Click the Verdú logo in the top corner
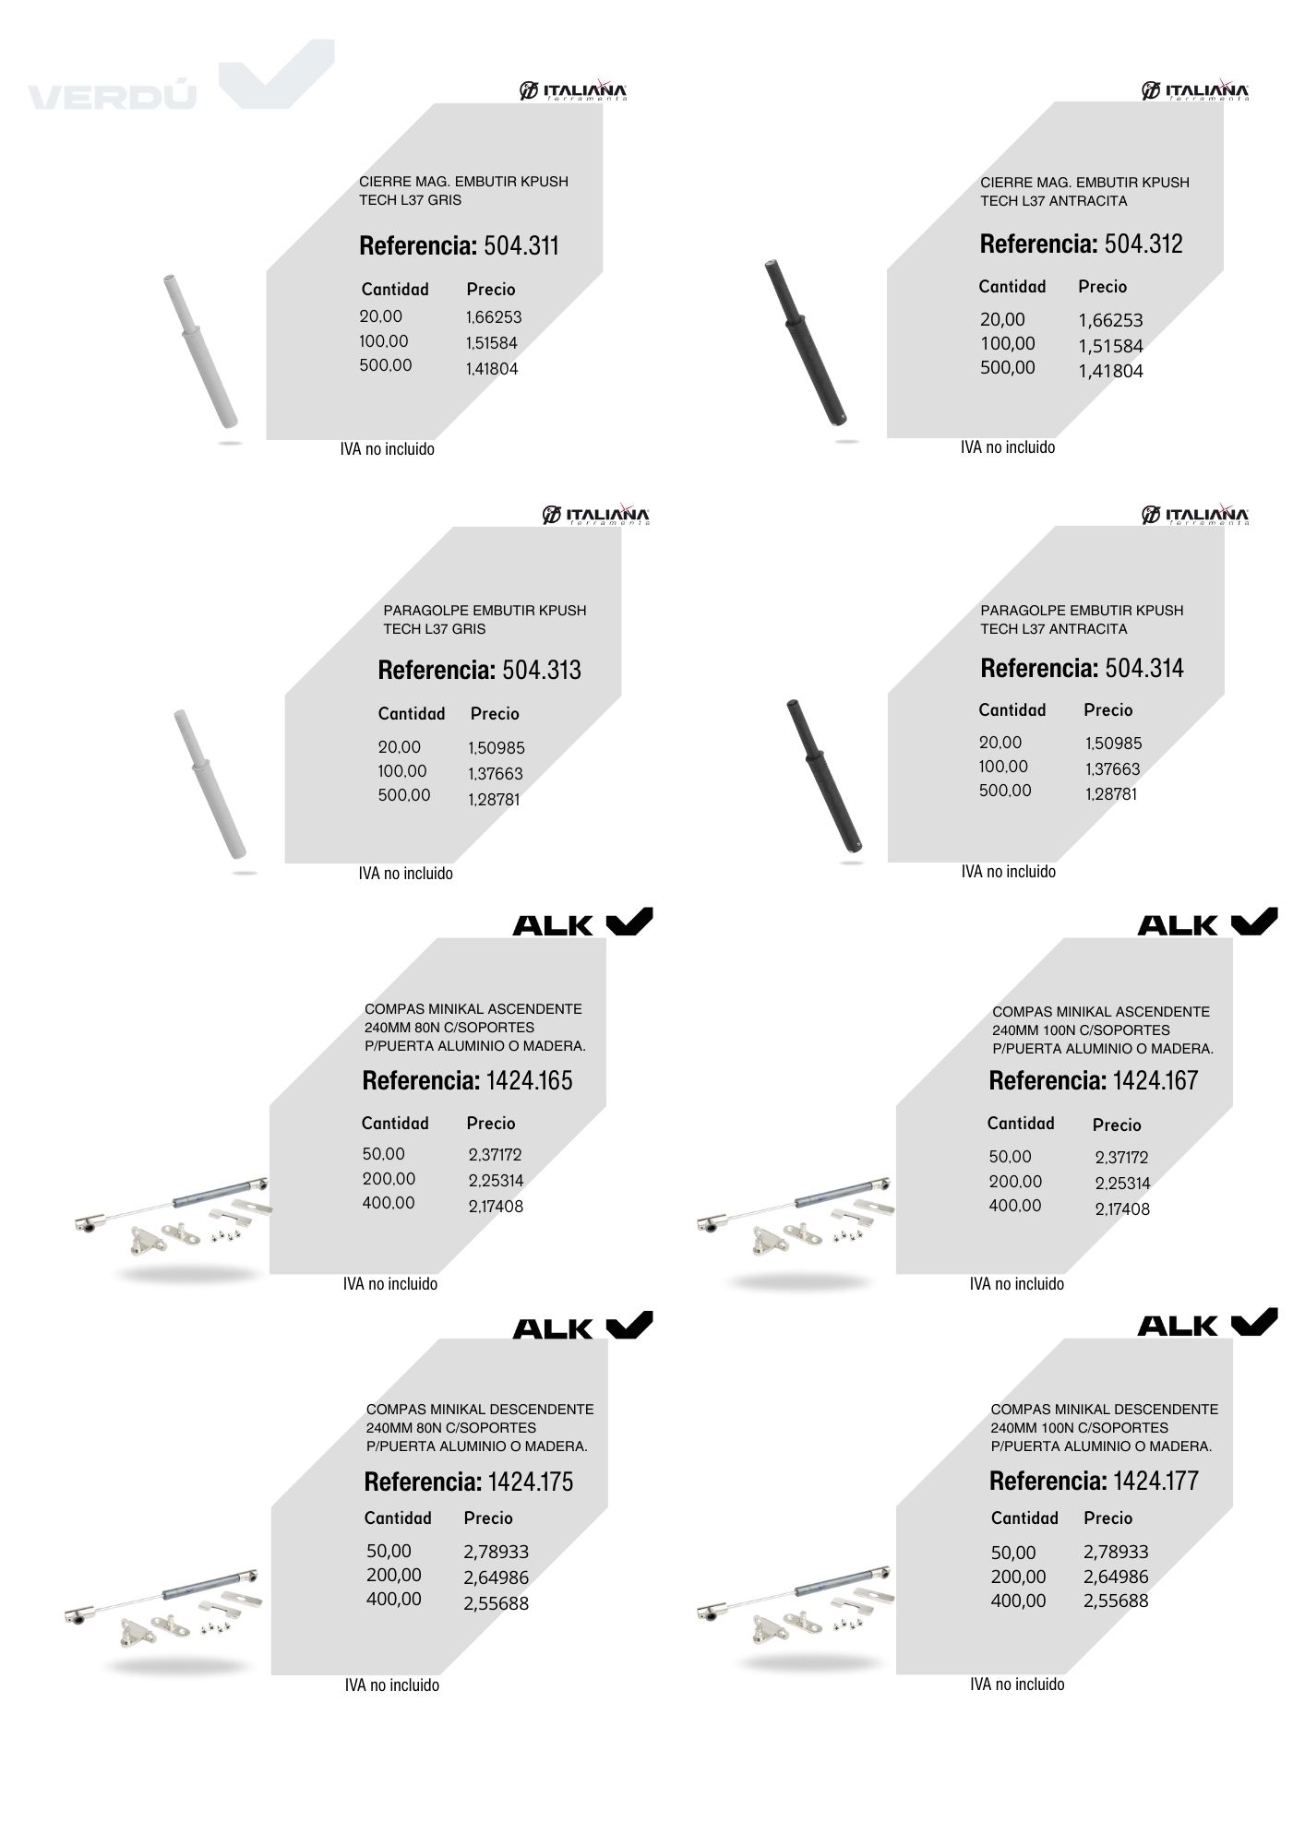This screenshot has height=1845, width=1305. coord(181,76)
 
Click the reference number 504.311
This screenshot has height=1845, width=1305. coord(521,246)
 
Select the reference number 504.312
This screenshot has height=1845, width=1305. coord(1143,244)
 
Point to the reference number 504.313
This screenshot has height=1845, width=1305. coord(542,670)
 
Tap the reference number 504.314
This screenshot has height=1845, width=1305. coord(1144,668)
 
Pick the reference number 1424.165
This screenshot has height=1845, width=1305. coord(530,1080)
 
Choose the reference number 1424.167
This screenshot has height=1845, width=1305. coord(1155,1080)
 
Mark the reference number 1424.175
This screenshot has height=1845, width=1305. coord(531,1482)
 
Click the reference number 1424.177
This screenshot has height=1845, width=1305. coord(1155,1481)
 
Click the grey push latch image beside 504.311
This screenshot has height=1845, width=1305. coord(201,351)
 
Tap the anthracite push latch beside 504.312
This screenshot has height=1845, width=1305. coord(808,343)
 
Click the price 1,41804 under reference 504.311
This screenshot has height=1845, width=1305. coord(492,369)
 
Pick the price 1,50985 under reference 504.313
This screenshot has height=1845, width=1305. coord(497,748)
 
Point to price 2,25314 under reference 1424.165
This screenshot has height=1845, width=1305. coord(496,1181)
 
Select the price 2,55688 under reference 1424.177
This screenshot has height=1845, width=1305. coord(1116,1601)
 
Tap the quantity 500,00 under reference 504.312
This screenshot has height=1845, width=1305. coord(1008,367)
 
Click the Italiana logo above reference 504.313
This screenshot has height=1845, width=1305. coord(596,515)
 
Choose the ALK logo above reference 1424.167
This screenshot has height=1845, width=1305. coord(1207,922)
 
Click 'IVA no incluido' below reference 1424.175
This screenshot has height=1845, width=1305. coord(392,1684)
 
